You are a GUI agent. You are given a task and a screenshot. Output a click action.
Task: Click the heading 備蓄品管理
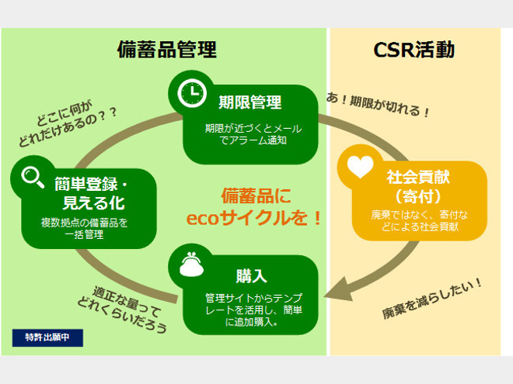pyautogui.click(x=166, y=50)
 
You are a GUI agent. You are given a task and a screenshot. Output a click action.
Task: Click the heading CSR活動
pyautogui.click(x=414, y=50)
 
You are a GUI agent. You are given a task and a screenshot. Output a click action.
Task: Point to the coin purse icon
pyautogui.click(x=190, y=265)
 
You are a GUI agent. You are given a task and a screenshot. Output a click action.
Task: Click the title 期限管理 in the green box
pyautogui.click(x=250, y=102)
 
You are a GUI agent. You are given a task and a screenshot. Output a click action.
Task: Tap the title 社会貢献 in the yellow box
pyautogui.click(x=418, y=176)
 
